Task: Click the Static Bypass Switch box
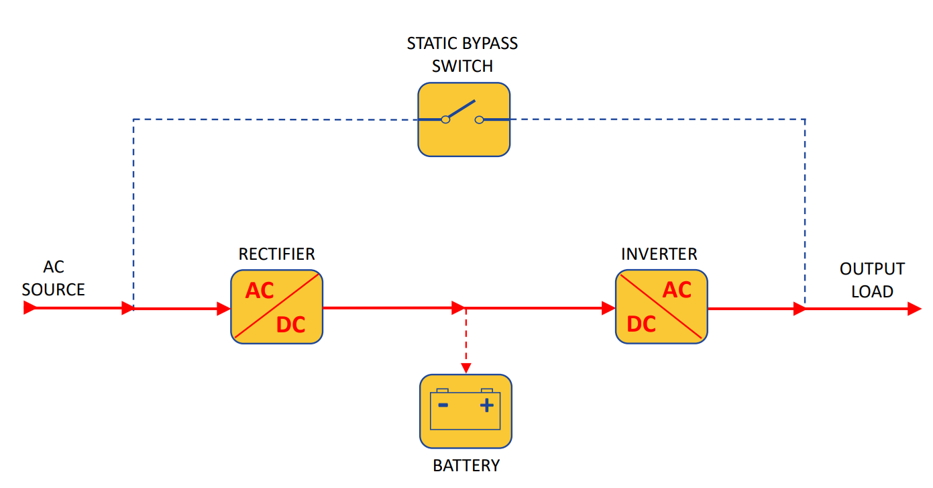tap(464, 119)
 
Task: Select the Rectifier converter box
tap(276, 307)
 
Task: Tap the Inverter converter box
tap(661, 307)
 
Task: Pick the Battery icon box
tap(465, 411)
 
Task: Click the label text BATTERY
tap(466, 465)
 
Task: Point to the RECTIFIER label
tap(276, 254)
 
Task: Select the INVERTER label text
tap(659, 254)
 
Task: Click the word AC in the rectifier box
tap(260, 291)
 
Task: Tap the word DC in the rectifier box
tap(290, 325)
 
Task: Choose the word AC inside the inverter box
tap(677, 290)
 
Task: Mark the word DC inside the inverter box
tap(641, 324)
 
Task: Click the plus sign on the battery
tap(487, 405)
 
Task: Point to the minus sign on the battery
tap(443, 405)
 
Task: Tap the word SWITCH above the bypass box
tap(462, 66)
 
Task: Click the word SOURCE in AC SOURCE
tap(54, 290)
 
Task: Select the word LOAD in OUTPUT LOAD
tap(872, 292)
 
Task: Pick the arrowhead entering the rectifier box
tap(224, 309)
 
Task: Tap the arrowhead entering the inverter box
tap(608, 308)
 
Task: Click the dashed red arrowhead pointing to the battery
tap(465, 368)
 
